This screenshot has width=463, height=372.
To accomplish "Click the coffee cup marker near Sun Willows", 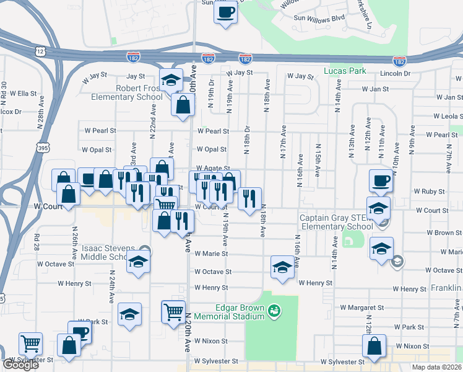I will (x=226, y=12).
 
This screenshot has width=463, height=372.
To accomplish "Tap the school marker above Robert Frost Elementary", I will (x=171, y=81).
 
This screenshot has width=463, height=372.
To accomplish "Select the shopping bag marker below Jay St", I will (x=184, y=105).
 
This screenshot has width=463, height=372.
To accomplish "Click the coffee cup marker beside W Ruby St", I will (x=381, y=182).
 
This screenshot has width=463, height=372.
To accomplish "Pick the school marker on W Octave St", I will (x=282, y=268).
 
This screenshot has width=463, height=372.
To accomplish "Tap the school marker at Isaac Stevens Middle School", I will (x=139, y=262).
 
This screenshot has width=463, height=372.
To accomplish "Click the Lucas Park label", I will (x=341, y=71).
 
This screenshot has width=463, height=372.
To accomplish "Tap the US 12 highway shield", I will (x=40, y=51).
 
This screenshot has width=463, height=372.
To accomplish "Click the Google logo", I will (x=20, y=365).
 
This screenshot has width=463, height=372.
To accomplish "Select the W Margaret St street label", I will (x=361, y=308).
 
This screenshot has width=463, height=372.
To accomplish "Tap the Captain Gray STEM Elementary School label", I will (x=336, y=222).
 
